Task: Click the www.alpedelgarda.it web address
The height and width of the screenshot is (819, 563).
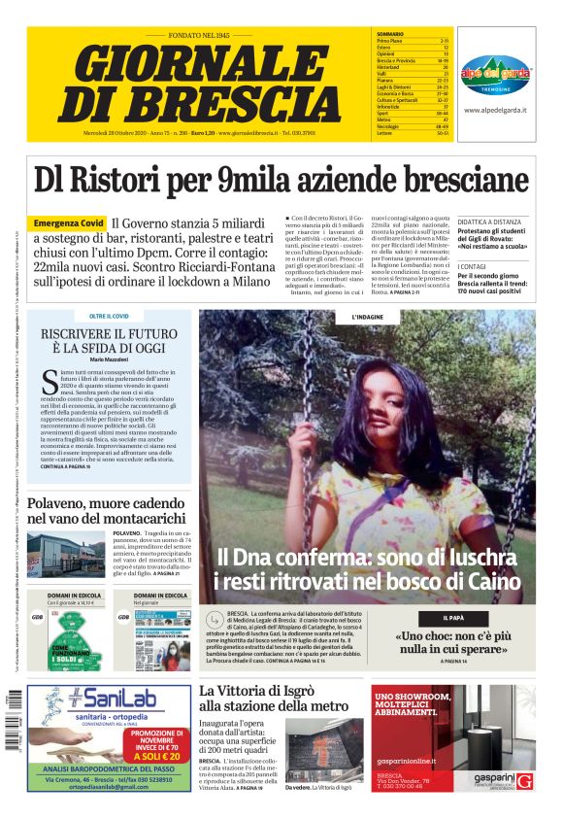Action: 495,111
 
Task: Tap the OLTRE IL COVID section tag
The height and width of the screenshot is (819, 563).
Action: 110,316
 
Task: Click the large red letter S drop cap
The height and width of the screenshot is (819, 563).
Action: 50,385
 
